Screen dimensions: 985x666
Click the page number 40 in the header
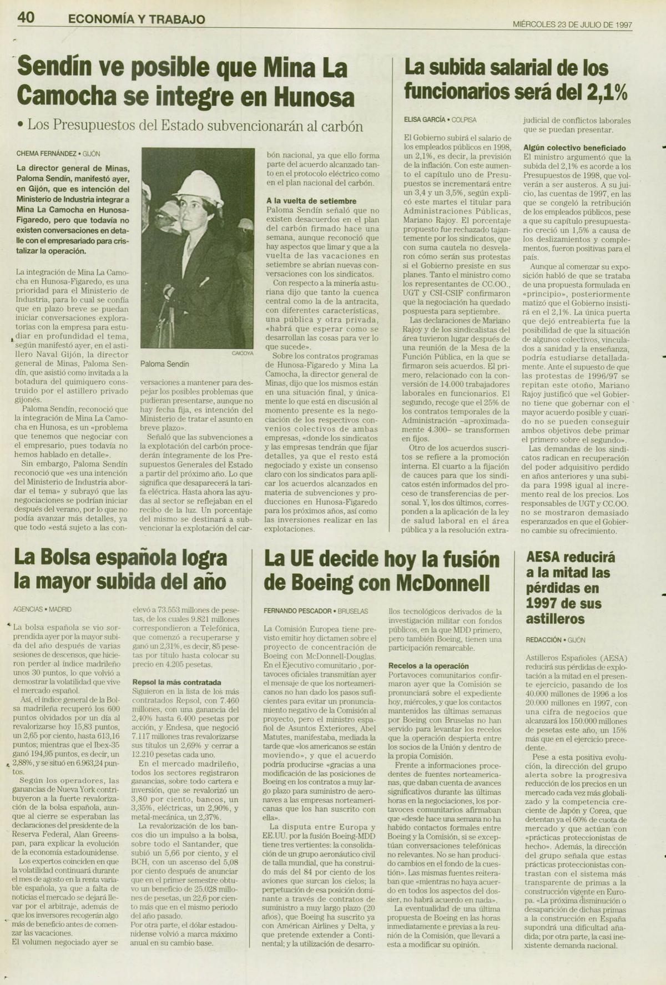[26, 18]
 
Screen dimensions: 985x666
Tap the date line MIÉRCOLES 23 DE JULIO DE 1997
[572, 24]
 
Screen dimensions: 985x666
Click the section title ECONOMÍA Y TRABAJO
[136, 19]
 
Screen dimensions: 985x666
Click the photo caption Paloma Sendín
[164, 364]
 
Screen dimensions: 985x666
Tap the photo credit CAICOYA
[242, 353]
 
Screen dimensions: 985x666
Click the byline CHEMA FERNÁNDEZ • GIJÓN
[58, 154]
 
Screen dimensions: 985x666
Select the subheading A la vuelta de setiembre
[311, 201]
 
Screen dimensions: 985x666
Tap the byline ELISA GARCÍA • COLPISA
[440, 119]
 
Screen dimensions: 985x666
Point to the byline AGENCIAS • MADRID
[42, 609]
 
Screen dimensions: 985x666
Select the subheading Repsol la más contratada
[176, 682]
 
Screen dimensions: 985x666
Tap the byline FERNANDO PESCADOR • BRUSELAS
[315, 611]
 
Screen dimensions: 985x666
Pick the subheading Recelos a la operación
[428, 666]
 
